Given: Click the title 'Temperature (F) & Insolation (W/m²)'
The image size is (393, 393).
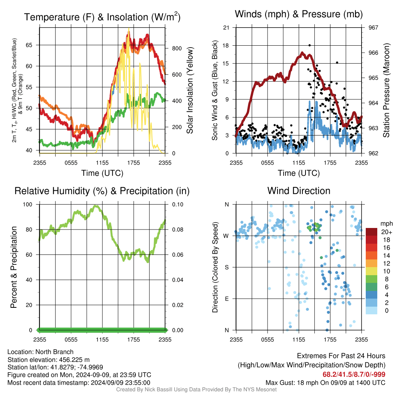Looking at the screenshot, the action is coord(102,17).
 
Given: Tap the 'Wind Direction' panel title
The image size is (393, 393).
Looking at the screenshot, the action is coord(299,191).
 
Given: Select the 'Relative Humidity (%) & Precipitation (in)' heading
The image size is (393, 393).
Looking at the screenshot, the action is coord(102,191).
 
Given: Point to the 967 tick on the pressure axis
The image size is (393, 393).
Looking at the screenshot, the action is coord(373,28).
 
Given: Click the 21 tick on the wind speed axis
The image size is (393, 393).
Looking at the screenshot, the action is coord(226,28).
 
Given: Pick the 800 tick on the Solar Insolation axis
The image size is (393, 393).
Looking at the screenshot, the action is coord(177,48).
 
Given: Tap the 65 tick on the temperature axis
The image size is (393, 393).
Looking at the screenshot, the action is coord(29,45).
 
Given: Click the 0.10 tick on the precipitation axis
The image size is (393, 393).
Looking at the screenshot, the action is coord(178,205).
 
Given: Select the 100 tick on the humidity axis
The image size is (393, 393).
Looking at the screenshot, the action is coord(28,205).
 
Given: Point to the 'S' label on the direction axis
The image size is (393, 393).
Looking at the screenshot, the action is coord(227,268).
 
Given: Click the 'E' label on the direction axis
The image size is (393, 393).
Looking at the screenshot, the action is coord(227,299).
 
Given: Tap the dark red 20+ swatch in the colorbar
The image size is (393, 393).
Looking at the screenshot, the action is coord(372,232).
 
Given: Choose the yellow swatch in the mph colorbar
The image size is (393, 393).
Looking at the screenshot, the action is coord(372,271).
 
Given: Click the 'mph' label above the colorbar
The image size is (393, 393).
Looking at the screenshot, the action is coord(386,224).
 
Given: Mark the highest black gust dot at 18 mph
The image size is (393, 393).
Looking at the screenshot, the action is coord(310,45).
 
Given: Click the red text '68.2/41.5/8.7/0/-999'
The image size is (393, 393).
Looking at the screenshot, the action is coord(354,375).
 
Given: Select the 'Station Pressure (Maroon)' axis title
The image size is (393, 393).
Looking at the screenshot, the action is coord(386,90).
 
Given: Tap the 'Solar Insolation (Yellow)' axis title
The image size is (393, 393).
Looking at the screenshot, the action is coord(190,90).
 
